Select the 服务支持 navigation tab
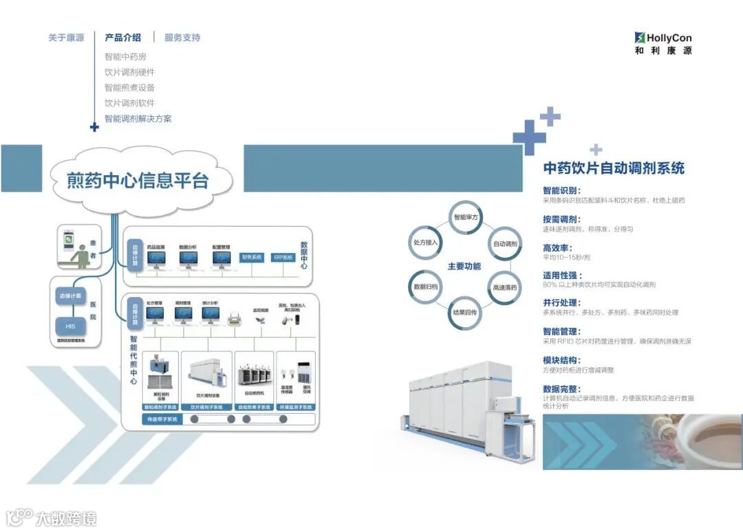(182, 38)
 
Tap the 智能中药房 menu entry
(125, 56)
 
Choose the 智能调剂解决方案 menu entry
(138, 118)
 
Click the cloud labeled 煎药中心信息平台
(138, 179)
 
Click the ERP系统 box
(283, 257)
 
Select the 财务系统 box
(252, 257)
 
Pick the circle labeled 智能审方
(466, 218)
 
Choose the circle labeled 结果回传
(466, 312)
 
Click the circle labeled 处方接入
(425, 243)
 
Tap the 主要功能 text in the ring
(464, 266)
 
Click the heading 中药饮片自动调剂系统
(614, 168)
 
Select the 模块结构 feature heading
(561, 359)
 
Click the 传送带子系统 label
(160, 419)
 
